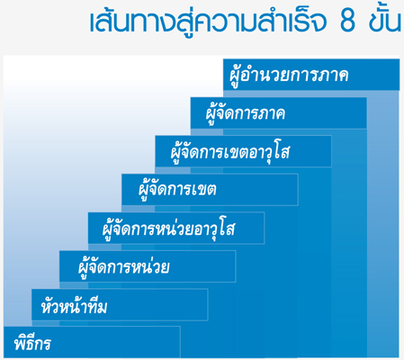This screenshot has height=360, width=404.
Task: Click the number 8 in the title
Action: click(x=348, y=22)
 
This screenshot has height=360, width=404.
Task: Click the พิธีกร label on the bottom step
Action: click(x=32, y=342)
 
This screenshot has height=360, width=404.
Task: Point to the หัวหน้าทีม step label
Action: click(x=74, y=305)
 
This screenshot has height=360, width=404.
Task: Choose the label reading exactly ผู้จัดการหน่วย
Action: click(x=124, y=266)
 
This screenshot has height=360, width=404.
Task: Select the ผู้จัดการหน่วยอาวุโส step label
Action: click(x=168, y=228)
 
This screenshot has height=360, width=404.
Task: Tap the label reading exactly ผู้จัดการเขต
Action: click(x=177, y=190)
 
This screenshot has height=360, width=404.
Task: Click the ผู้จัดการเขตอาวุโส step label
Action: click(x=230, y=151)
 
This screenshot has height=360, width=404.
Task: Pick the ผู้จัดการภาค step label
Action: click(x=246, y=112)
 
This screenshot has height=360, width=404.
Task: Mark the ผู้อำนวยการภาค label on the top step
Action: click(x=289, y=75)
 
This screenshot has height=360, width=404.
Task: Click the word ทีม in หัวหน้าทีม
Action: click(x=94, y=306)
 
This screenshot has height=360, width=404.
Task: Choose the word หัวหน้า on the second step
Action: click(x=61, y=305)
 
